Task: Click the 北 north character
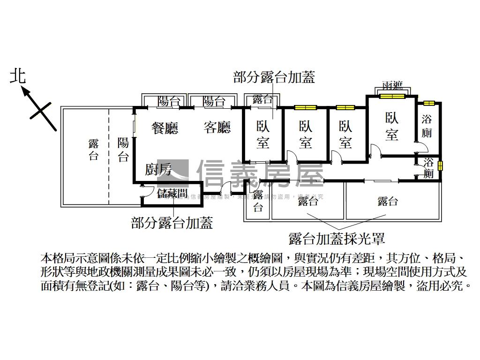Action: [19, 76]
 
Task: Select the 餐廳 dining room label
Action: [165, 127]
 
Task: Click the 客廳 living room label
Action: [217, 127]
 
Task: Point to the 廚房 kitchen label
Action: [158, 170]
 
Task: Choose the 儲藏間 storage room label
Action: [172, 194]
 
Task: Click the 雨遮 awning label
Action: [392, 86]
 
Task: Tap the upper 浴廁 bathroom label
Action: [427, 126]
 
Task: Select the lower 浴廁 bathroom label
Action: [428, 168]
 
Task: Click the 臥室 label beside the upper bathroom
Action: [392, 127]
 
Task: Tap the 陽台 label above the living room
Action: [214, 101]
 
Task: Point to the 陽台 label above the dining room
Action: [169, 101]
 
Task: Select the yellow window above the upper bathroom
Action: [429, 103]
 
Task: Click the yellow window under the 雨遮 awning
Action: [392, 97]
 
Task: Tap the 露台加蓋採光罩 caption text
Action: [337, 239]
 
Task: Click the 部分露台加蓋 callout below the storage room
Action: [172, 222]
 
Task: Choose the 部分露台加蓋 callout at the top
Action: [274, 77]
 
